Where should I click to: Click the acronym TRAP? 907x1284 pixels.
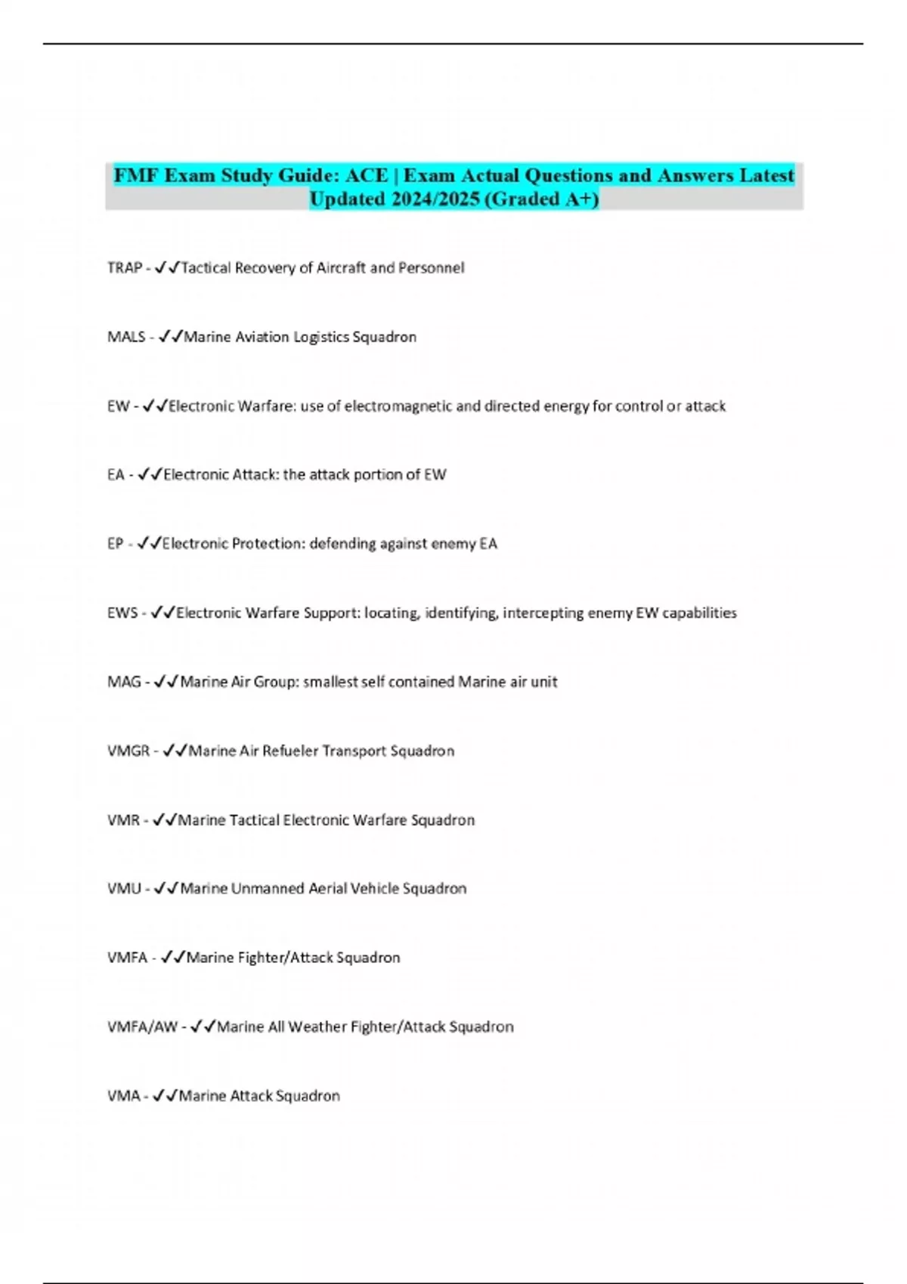[125, 268]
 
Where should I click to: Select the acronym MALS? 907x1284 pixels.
[126, 337]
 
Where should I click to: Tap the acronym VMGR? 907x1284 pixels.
[128, 751]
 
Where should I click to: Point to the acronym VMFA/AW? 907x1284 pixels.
[143, 1027]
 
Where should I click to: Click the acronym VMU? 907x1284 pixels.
[124, 889]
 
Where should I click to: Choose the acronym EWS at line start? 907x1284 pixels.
[122, 613]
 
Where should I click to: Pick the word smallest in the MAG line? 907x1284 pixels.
[330, 682]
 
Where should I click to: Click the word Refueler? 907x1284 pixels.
[290, 751]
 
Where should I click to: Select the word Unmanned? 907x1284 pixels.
[267, 889]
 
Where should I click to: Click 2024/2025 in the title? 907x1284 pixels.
[435, 199]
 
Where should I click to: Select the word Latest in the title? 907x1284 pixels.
[766, 176]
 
